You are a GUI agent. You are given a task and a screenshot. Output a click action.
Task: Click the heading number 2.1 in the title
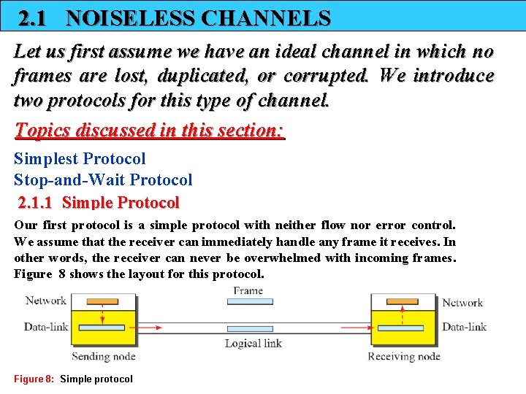32,18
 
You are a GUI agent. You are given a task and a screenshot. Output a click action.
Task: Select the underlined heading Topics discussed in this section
149,131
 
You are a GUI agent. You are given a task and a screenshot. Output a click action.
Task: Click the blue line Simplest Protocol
80,159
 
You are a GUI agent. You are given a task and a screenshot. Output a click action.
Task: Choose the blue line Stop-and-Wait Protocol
103,179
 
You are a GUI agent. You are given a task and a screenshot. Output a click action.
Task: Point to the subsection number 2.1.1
39,202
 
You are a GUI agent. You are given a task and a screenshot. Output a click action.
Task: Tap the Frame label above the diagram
248,290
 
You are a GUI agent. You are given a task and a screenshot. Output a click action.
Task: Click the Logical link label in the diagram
253,344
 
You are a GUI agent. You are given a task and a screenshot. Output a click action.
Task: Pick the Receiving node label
404,357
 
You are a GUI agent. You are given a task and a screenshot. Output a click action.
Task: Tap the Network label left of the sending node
45,301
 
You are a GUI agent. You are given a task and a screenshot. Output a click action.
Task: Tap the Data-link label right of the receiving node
464,328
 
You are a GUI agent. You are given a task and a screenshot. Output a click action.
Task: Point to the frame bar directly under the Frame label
250,301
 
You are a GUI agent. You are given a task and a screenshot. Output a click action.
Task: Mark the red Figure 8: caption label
34,379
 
